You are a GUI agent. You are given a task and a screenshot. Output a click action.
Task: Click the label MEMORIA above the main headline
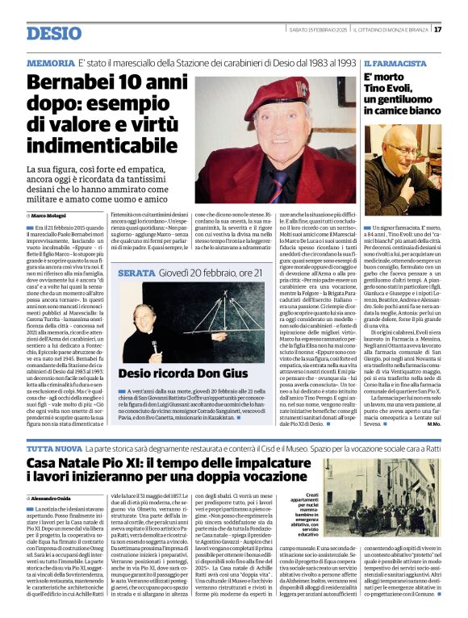tap(51, 62)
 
